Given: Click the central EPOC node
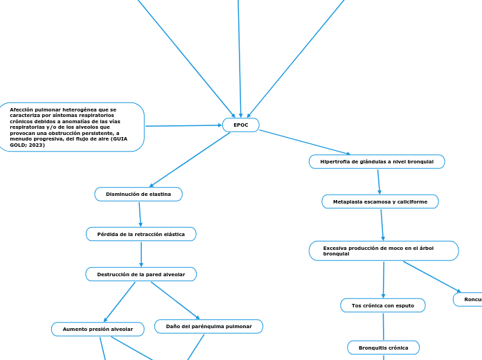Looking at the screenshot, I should click(x=240, y=125).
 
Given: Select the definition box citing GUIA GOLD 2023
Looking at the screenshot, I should click(x=72, y=127).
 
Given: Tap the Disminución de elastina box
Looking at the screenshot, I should click(x=139, y=195).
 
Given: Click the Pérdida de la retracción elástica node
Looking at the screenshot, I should click(x=141, y=234).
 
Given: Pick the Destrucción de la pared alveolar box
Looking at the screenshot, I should click(x=141, y=274).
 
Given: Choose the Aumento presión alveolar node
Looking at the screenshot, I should click(x=98, y=330).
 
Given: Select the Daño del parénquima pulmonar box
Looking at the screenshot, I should click(x=209, y=326).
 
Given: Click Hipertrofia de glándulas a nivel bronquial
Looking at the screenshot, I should click(x=377, y=161).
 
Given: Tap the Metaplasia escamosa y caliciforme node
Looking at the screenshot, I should click(x=380, y=201).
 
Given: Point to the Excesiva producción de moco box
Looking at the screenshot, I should click(x=384, y=251).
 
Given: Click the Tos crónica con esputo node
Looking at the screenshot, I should click(x=383, y=305).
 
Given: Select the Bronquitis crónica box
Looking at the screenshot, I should click(x=383, y=347).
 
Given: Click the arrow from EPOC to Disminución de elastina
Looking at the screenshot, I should click(x=190, y=159).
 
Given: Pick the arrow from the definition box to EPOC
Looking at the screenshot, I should click(x=183, y=125).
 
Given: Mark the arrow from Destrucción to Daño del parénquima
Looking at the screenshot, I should click(x=175, y=300).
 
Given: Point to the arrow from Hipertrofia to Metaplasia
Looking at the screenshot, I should click(x=379, y=181).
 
